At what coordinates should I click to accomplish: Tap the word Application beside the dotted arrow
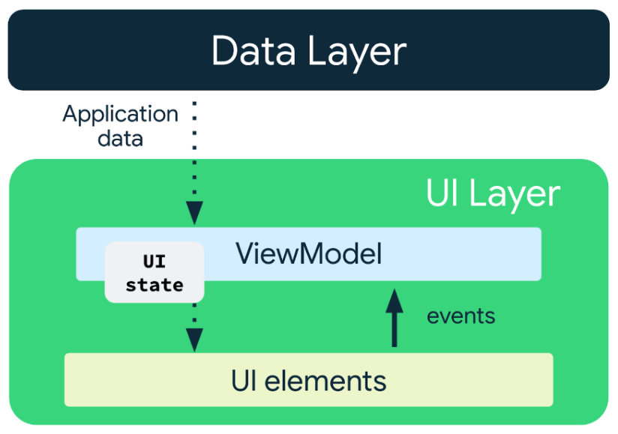[x=120, y=115]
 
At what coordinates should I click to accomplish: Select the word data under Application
[x=120, y=139]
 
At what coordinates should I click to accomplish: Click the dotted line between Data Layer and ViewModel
[x=194, y=150]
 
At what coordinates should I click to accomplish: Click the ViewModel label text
[x=309, y=254]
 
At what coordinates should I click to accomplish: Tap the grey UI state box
[x=154, y=273]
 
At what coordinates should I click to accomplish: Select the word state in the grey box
[x=154, y=285]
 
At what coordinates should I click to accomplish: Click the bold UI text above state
[x=154, y=262]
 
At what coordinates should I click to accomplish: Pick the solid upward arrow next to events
[x=394, y=319]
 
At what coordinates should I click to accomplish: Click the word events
[x=460, y=316]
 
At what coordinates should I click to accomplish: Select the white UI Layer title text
[x=493, y=194]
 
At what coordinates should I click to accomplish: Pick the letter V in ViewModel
[x=245, y=254]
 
